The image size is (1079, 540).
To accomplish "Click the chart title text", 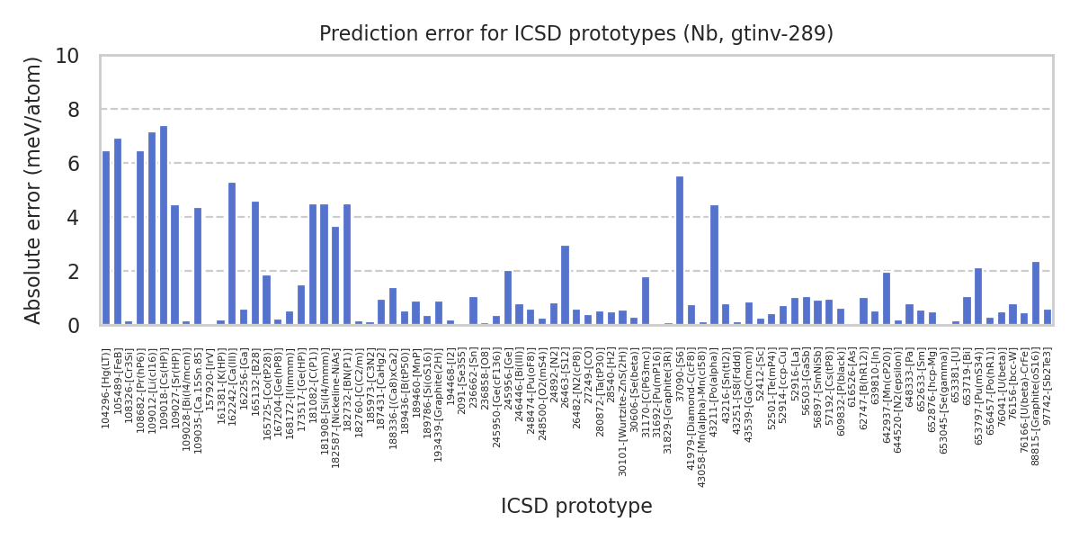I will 576,34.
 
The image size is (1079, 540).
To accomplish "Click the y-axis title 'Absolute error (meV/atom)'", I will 34,190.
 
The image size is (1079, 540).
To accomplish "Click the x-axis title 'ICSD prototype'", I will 576,507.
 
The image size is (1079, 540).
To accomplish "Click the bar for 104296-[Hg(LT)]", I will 106,238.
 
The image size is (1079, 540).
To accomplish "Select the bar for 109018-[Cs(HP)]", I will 164,226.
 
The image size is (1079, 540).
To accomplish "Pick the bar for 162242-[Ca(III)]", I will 232,254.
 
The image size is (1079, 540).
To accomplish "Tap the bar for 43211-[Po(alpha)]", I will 714,265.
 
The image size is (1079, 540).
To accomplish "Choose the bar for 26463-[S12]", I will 565,285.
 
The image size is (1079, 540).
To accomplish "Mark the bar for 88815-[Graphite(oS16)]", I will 1036,293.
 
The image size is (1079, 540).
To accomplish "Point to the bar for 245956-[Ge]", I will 508,298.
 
